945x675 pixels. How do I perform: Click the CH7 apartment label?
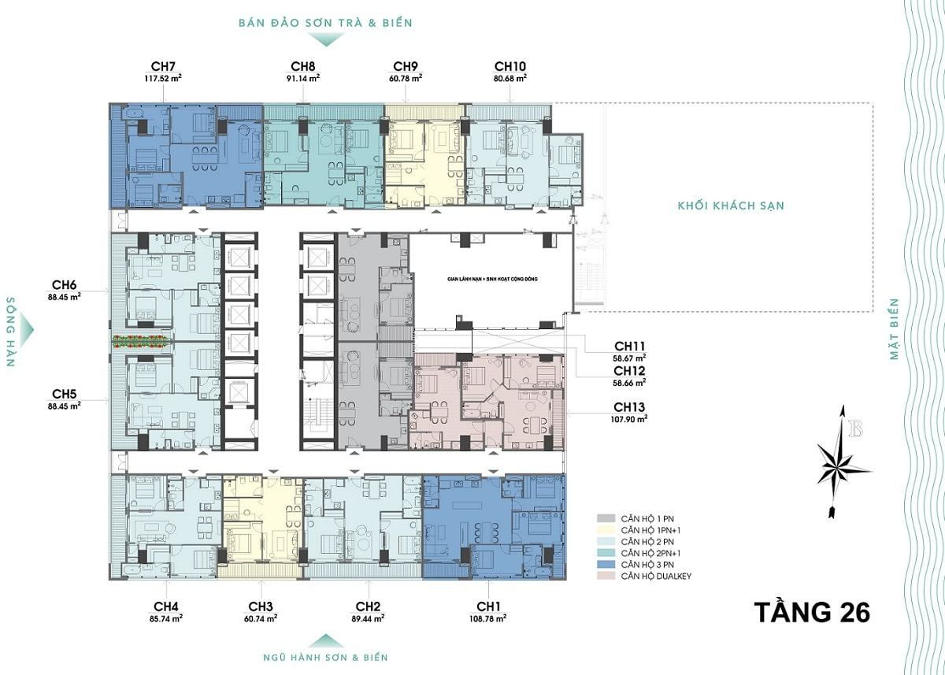click(163, 66)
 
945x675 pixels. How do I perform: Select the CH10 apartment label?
click(510, 66)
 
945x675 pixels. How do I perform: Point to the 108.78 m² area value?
click(488, 618)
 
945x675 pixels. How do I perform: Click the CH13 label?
click(629, 407)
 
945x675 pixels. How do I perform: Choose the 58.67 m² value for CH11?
click(629, 358)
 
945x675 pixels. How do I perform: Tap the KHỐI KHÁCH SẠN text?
click(731, 206)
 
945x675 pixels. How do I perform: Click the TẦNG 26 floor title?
click(812, 612)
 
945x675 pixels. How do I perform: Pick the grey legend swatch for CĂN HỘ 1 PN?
click(606, 518)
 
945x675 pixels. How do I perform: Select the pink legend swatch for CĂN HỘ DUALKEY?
click(606, 576)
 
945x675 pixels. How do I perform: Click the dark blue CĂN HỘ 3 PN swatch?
click(606, 565)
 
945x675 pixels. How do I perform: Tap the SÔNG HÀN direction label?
click(11, 332)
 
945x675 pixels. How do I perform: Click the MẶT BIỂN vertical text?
click(894, 329)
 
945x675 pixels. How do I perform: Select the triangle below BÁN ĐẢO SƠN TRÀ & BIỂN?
click(325, 40)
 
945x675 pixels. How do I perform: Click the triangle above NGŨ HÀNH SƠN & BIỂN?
click(325, 641)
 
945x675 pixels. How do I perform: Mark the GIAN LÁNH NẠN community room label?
click(492, 279)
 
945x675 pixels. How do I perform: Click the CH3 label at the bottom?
click(261, 606)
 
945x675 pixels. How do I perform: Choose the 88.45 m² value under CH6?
click(64, 297)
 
